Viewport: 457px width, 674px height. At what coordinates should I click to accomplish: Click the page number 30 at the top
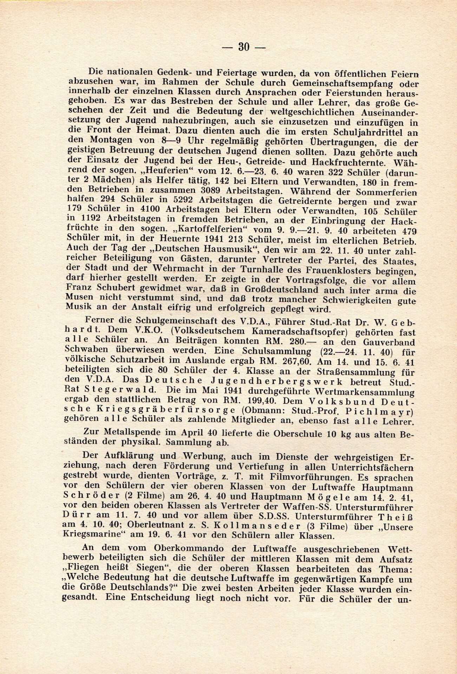pos(243,47)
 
